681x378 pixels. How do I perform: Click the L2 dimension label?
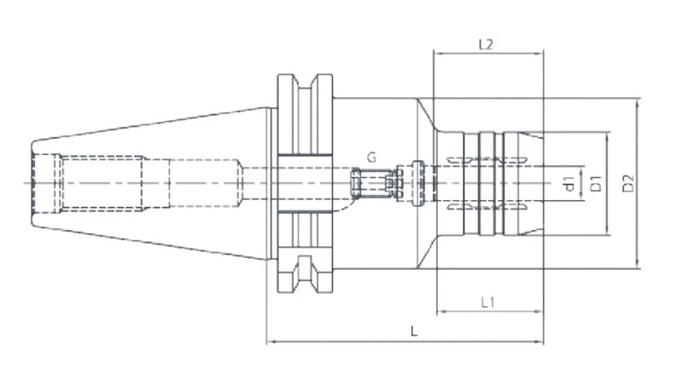click(486, 44)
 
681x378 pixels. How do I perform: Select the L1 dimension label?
click(488, 301)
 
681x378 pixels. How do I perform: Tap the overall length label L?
click(414, 331)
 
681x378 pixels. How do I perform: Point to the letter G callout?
click(372, 157)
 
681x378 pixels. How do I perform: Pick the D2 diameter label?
click(628, 183)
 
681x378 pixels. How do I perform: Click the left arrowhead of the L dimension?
click(272, 342)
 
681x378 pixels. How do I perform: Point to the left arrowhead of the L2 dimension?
click(438, 53)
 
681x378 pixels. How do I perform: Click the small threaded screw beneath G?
click(371, 183)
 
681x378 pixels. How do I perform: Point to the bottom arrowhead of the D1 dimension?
click(606, 231)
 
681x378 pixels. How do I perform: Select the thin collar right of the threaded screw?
click(417, 181)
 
